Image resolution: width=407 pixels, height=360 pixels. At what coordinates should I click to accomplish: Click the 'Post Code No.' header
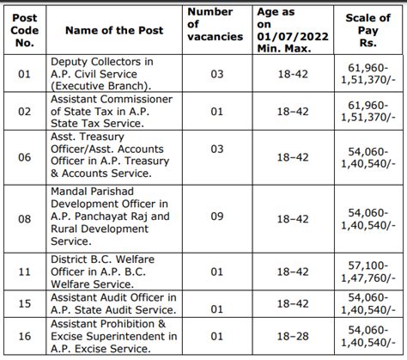pyautogui.click(x=24, y=31)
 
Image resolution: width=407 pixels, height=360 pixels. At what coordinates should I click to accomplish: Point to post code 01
pyautogui.click(x=24, y=75)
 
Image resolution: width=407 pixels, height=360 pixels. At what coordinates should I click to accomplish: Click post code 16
pyautogui.click(x=24, y=337)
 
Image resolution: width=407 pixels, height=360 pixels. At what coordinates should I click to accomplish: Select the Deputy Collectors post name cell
pyautogui.click(x=103, y=75)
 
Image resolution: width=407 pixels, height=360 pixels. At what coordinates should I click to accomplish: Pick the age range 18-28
pyautogui.click(x=289, y=337)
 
